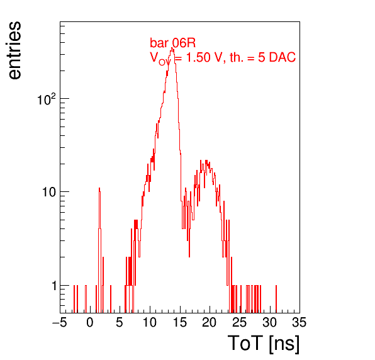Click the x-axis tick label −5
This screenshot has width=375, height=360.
[x=60, y=323]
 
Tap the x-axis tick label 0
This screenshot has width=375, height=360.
[x=90, y=323]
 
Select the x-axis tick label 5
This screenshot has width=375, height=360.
[x=120, y=323]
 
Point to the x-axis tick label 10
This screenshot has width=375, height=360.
[x=150, y=323]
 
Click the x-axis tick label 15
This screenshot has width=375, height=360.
[x=179, y=323]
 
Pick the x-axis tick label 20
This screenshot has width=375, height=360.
[x=210, y=323]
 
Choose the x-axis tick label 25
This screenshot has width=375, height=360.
[x=239, y=323]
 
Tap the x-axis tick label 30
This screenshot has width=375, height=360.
[x=269, y=323]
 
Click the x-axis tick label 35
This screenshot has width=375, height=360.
[x=299, y=323]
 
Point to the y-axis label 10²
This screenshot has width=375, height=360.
[x=47, y=99]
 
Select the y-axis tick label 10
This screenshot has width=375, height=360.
[x=49, y=192]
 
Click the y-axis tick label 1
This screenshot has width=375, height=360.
[x=54, y=286]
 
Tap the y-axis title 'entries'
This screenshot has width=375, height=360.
[x=14, y=50]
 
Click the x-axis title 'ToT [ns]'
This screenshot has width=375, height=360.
[x=264, y=344]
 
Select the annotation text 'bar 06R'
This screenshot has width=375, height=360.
[x=172, y=43]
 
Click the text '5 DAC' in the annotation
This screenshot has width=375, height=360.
[x=277, y=57]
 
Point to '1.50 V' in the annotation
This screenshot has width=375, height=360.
[x=204, y=57]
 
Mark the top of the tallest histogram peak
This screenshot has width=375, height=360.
[x=172, y=48]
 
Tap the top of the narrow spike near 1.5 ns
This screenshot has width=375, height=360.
[x=99, y=188]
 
